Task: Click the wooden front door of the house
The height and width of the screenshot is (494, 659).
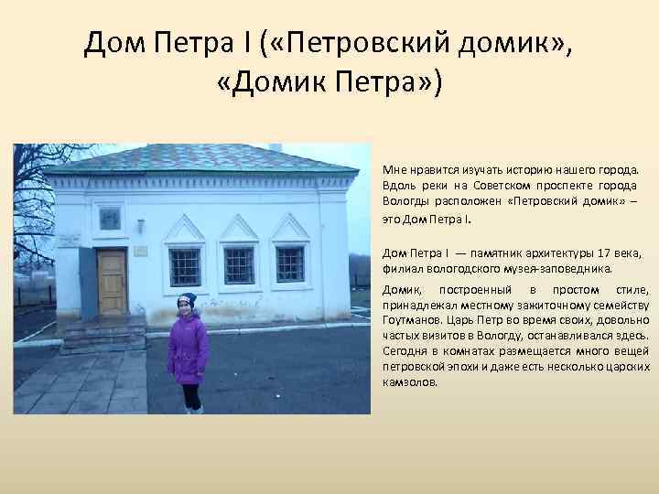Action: click(112, 282)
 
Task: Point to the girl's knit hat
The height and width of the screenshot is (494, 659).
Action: click(187, 300)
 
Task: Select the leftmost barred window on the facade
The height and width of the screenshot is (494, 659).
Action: click(184, 266)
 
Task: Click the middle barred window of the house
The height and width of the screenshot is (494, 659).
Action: click(238, 265)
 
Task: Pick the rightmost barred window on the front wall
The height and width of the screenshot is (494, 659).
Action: click(290, 264)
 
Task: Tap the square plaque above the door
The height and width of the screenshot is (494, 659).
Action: click(110, 219)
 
